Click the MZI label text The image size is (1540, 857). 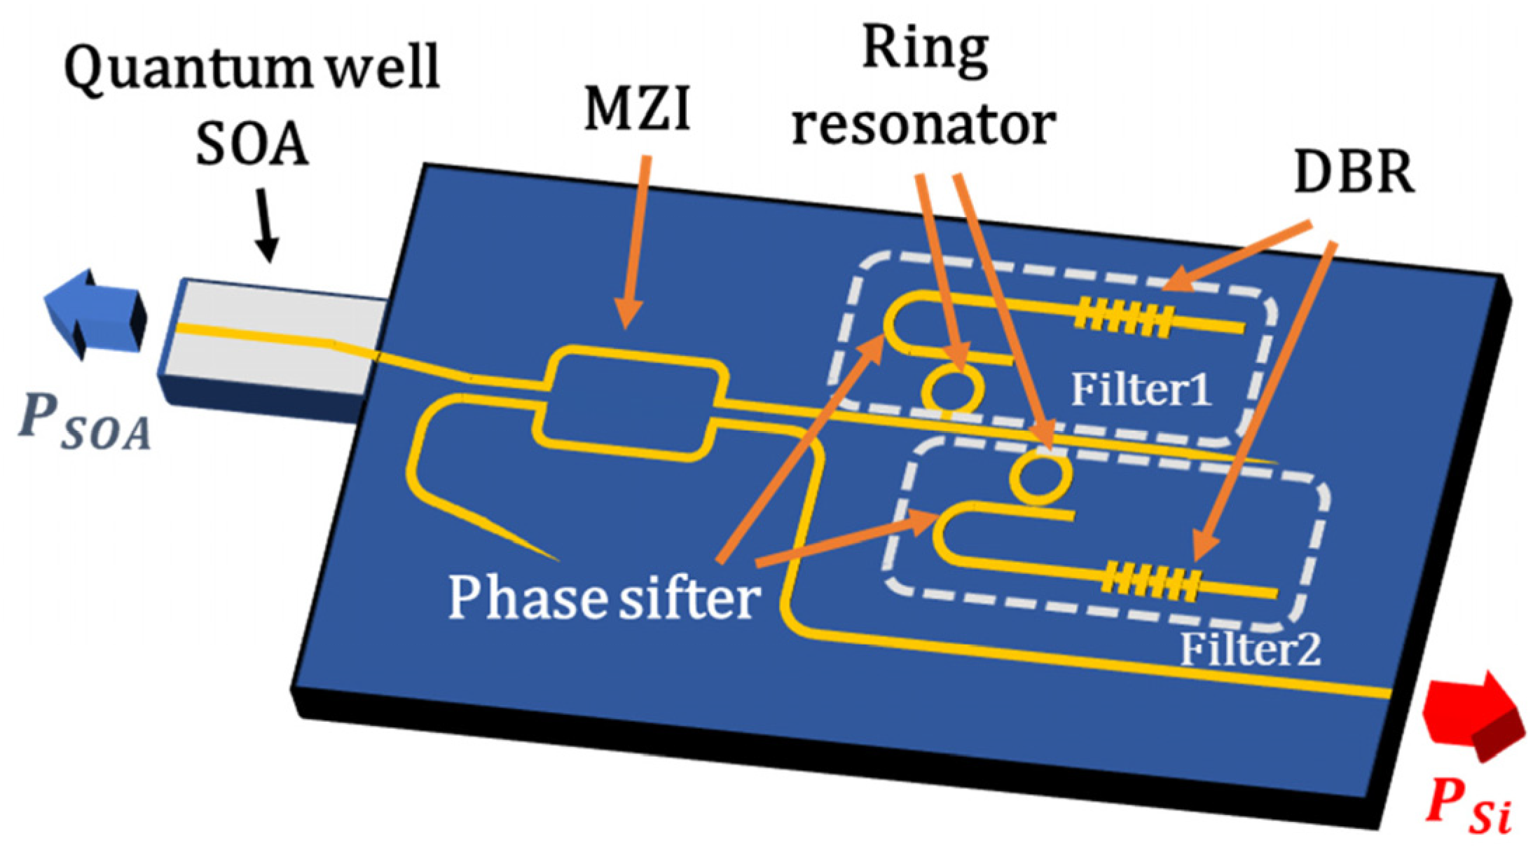point(637,111)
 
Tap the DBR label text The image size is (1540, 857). point(1353,172)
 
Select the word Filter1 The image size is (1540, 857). point(1141,390)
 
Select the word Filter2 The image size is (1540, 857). point(1250,650)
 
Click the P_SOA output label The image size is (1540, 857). point(85,423)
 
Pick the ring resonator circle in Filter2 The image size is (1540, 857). point(1040,478)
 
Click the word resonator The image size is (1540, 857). point(923,126)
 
